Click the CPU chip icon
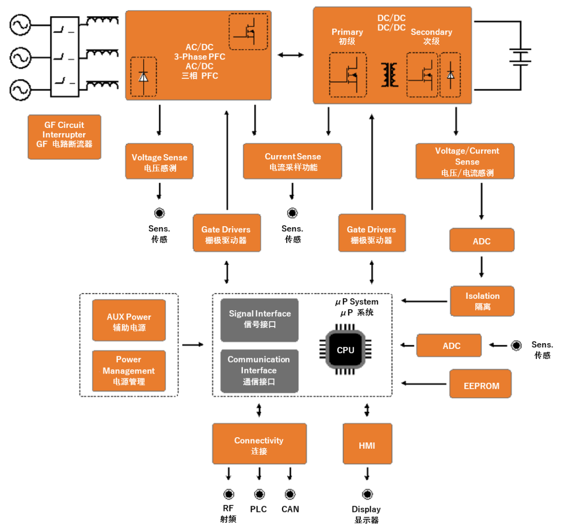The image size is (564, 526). [x=345, y=349]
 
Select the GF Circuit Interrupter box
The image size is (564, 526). [x=64, y=137]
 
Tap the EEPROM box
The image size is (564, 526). [x=480, y=385]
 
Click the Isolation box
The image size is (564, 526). [x=482, y=301]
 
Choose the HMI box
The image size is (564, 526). [x=367, y=446]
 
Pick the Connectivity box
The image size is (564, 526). [x=259, y=446]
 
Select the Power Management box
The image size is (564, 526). [x=128, y=370]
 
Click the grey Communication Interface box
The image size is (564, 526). [x=260, y=370]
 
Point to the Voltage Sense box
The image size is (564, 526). [x=159, y=162]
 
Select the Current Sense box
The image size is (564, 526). [x=292, y=161]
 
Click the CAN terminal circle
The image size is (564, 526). [x=290, y=494]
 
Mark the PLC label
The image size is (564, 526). [x=259, y=509]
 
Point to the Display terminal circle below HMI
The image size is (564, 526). [x=367, y=494]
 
